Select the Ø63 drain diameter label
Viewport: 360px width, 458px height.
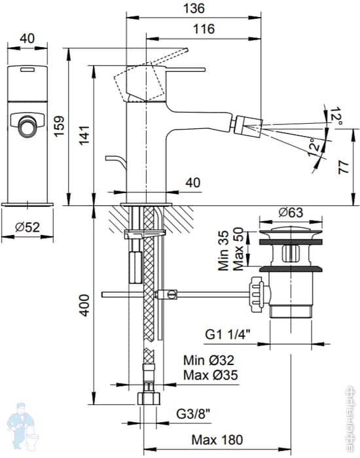pos(290,212)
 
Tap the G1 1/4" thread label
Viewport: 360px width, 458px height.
pos(228,335)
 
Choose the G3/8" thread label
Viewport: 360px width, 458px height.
pos(193,414)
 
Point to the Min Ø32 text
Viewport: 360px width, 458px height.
pos(209,360)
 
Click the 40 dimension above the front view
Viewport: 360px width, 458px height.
pos(27,39)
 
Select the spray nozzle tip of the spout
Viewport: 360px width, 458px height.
pos(253,122)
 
